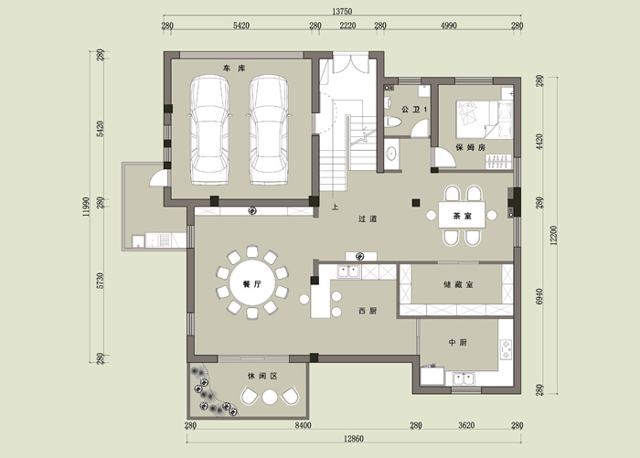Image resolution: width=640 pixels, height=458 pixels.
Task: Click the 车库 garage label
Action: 235,69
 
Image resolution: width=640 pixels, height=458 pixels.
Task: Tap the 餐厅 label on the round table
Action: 251,284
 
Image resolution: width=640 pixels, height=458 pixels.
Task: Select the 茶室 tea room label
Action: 462,216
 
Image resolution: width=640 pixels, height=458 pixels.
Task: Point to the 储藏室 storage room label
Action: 458,284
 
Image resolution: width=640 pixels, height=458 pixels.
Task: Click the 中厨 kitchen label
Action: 457,343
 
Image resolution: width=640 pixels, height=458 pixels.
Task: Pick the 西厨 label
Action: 368,311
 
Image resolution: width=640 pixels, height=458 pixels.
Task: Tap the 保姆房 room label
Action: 471,147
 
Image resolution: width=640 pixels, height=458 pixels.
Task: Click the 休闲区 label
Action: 262,376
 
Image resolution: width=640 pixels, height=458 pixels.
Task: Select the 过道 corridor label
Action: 368,218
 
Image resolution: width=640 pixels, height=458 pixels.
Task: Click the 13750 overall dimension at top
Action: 342,12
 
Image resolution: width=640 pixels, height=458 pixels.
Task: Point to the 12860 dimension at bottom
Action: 354,439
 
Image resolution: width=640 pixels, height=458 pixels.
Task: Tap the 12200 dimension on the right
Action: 553,236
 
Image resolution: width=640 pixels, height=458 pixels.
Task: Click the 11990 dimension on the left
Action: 86,207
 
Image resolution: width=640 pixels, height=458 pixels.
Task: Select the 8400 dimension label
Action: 303,425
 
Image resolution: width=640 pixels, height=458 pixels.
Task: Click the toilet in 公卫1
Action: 393,122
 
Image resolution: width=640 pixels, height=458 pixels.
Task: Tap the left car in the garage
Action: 209,130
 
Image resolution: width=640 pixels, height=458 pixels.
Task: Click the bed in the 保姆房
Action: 485,120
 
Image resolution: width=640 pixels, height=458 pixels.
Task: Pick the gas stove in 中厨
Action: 507,350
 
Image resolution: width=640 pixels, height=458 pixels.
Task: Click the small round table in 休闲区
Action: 270,397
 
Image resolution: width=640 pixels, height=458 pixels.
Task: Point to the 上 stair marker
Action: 336,208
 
